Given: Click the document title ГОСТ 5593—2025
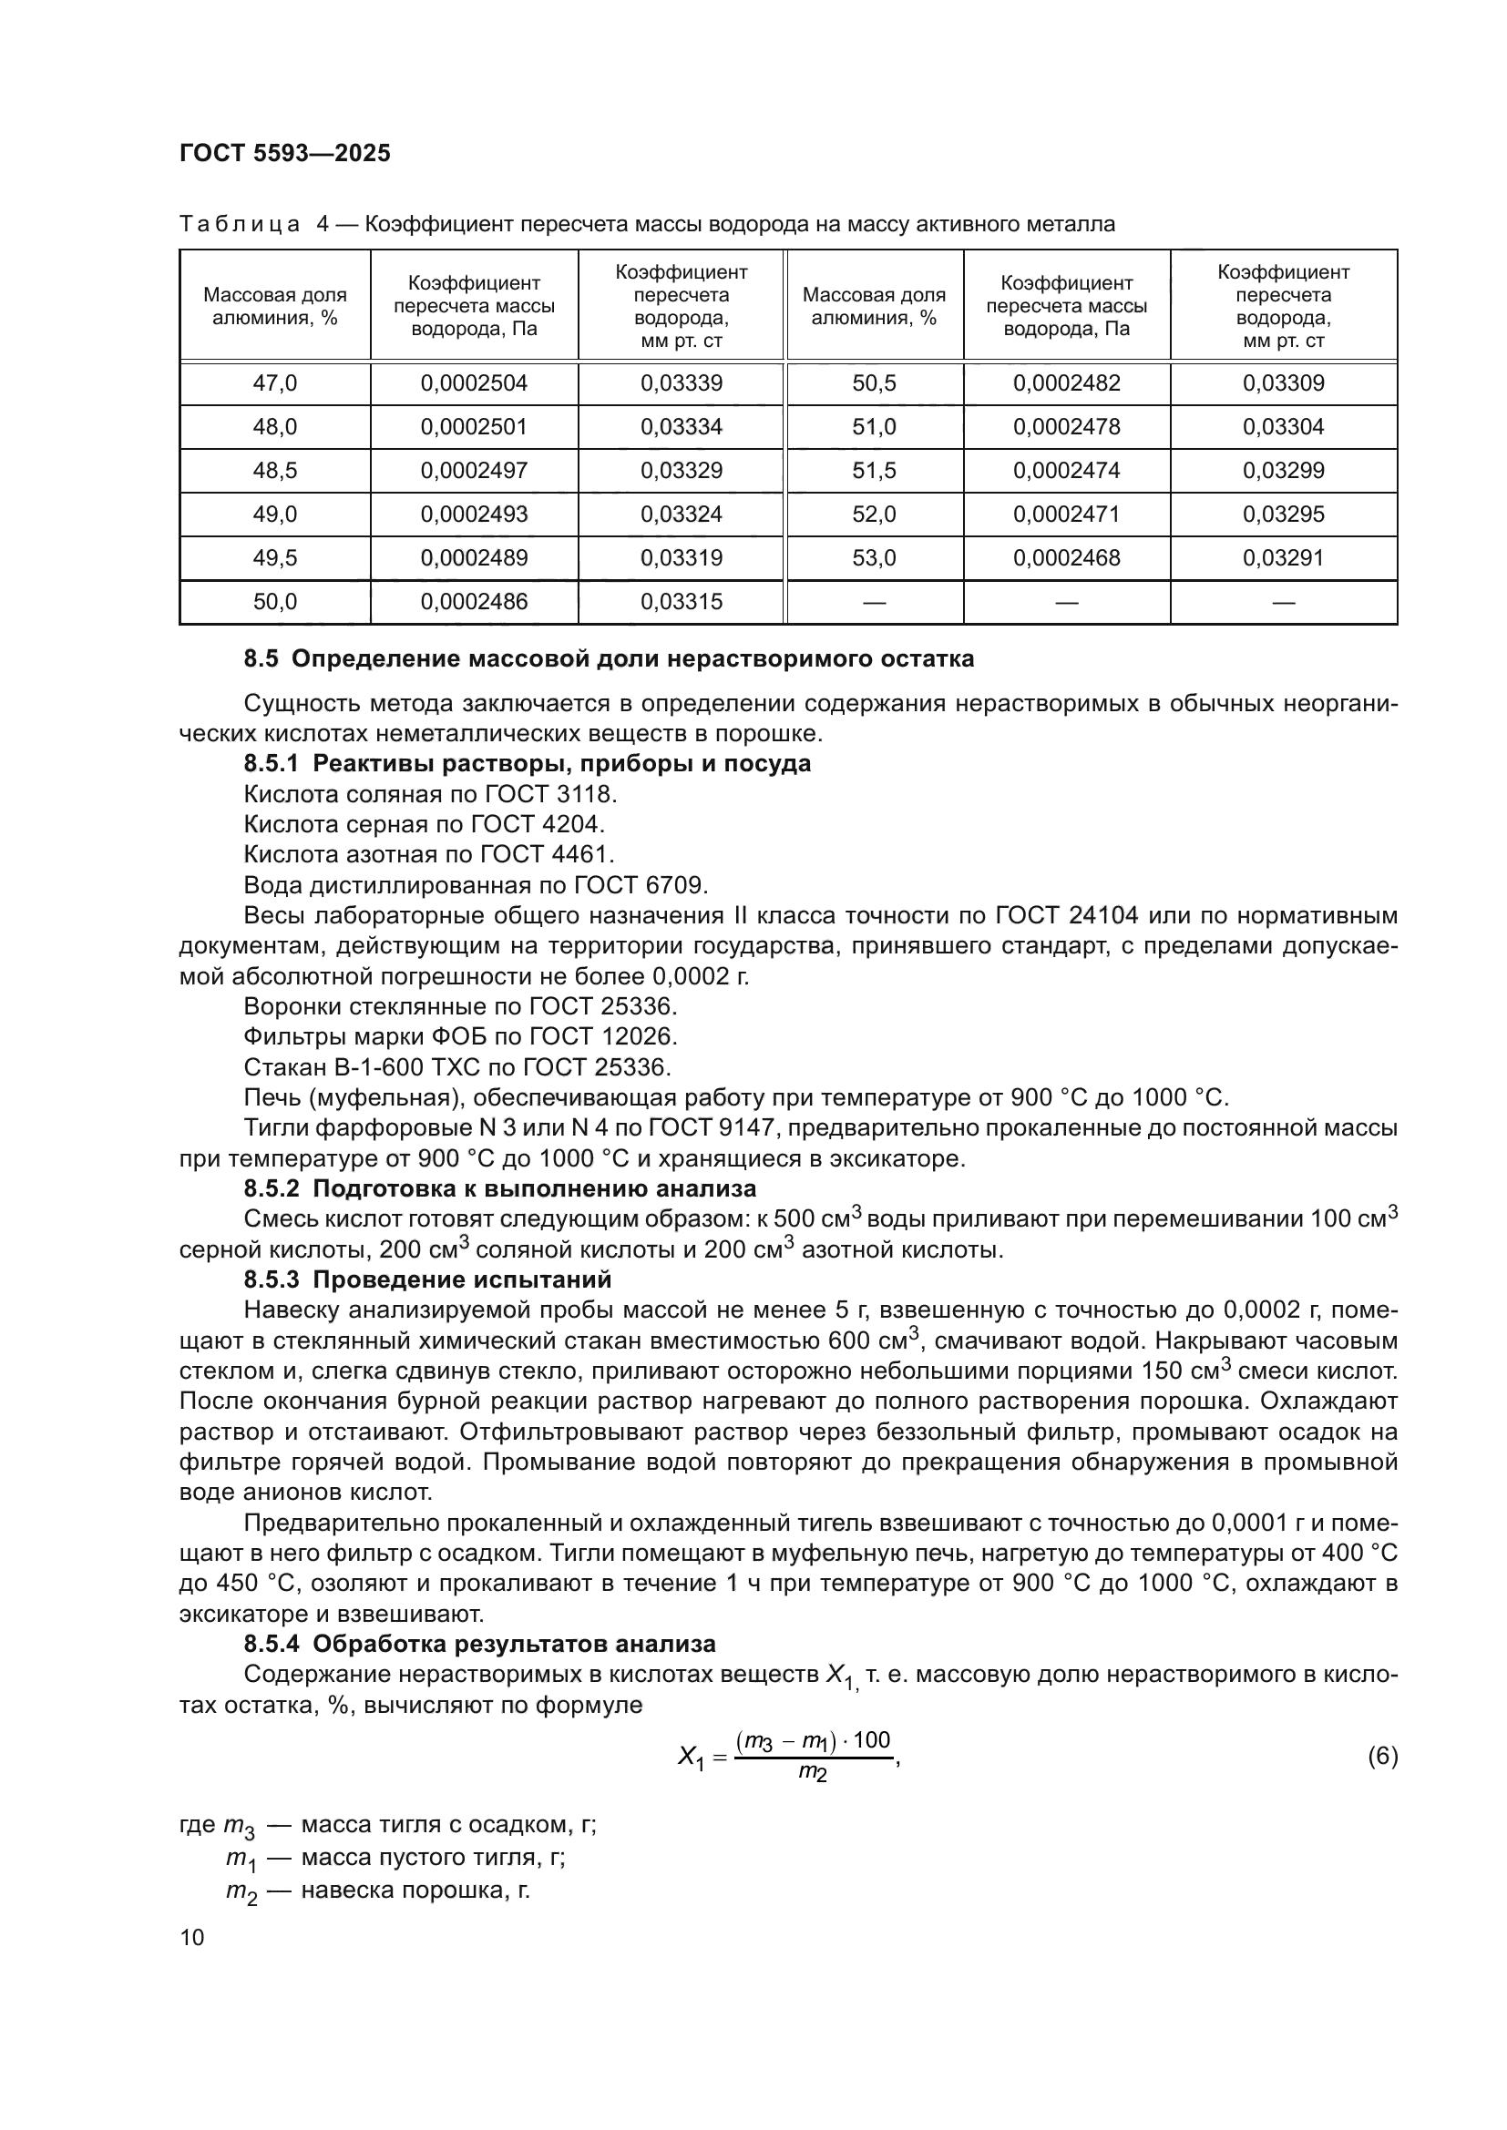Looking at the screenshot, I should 285,153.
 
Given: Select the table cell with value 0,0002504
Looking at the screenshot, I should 473,383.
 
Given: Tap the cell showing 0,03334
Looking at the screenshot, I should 682,427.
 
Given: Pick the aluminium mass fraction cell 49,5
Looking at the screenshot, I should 274,557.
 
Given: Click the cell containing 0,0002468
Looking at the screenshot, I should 1066,557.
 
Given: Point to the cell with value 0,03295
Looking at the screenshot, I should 1284,514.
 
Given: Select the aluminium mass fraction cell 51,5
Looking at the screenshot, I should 874,470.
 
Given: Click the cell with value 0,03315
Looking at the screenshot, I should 682,601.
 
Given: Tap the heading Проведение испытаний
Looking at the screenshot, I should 462,1279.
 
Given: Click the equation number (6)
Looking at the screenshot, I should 1382,1755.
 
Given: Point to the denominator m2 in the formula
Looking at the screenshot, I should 812,1774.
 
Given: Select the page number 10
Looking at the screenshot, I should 192,1937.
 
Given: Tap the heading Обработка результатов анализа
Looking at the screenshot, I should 513,1644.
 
